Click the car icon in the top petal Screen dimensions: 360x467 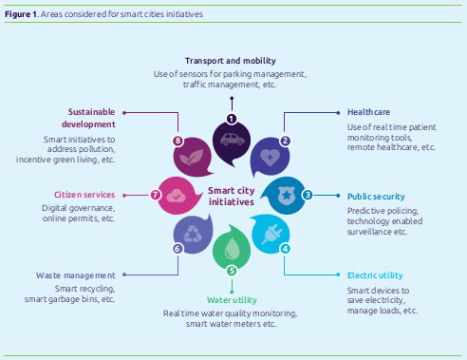point(230,139)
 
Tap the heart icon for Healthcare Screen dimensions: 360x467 point(271,156)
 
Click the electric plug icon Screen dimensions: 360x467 point(269,233)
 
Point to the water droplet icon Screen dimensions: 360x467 point(230,250)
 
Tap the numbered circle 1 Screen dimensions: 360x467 point(230,119)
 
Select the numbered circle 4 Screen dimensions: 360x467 point(285,249)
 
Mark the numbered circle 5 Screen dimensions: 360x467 point(230,271)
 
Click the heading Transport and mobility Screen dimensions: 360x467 point(230,59)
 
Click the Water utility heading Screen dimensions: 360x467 point(231,299)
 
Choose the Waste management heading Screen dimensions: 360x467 point(77,275)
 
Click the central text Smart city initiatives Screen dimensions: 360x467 point(231,196)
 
